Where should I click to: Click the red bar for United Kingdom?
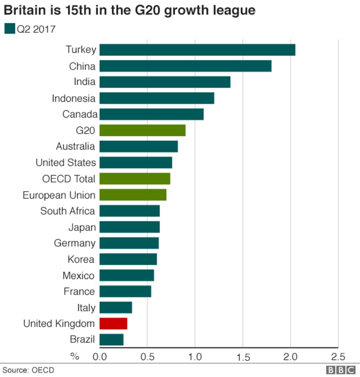click(x=113, y=323)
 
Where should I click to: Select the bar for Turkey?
click(x=197, y=50)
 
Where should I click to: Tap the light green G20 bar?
click(x=142, y=130)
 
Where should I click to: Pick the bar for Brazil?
click(x=111, y=339)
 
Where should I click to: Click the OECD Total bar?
click(x=135, y=179)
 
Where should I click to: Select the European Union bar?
click(x=133, y=195)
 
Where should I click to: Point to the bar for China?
click(x=186, y=66)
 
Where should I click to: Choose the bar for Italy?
click(x=116, y=307)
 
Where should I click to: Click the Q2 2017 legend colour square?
click(x=10, y=28)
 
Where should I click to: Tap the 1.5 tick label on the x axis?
click(x=243, y=357)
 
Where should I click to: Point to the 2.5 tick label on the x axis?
click(x=338, y=357)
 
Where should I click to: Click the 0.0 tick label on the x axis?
click(x=100, y=357)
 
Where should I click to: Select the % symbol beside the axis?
click(x=75, y=356)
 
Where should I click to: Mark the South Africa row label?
click(x=67, y=211)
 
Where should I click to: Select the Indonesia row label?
click(x=73, y=99)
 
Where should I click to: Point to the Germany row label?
click(x=75, y=243)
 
